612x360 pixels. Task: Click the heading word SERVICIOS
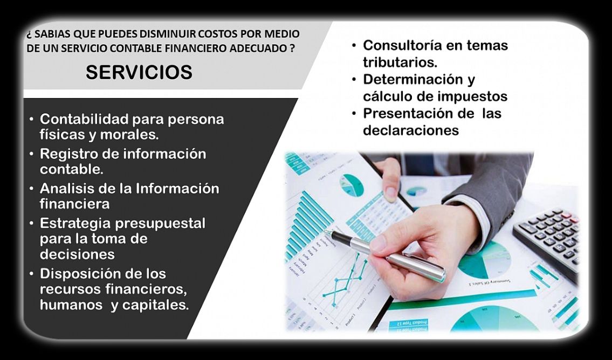[139, 72]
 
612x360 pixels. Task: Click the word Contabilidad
[84, 119]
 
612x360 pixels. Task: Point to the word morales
[129, 135]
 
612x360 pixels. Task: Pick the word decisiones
[77, 254]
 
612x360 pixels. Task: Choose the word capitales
[155, 306]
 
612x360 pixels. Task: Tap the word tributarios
[400, 63]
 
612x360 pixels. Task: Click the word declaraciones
[411, 130]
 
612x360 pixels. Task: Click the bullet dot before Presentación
[354, 114]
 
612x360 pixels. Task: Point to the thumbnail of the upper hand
[390, 194]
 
